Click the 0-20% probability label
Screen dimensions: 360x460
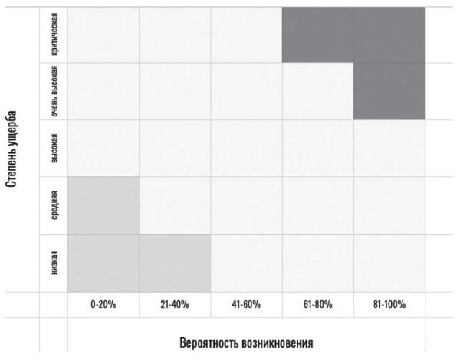tap(103, 304)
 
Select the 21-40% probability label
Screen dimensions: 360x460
tap(174, 304)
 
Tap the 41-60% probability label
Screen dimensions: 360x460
tap(246, 304)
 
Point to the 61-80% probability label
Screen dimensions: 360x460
tap(317, 304)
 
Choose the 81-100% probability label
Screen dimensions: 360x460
tap(389, 304)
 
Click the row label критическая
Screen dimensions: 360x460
tap(54, 34)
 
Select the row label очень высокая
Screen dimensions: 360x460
tap(54, 91)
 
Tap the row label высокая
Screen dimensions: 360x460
tap(54, 149)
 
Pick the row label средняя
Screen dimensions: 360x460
tap(54, 206)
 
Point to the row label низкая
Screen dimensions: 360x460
tap(54, 263)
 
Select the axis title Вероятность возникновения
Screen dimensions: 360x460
tap(246, 341)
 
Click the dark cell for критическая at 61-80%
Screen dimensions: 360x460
tap(317, 34)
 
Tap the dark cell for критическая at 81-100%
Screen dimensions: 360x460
tap(389, 34)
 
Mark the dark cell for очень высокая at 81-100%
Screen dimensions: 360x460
tap(389, 91)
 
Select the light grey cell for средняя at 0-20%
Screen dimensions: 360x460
tap(103, 206)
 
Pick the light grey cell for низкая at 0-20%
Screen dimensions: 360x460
tap(103, 263)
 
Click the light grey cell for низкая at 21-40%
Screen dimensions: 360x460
tap(174, 263)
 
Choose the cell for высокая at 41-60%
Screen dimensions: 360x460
tap(246, 149)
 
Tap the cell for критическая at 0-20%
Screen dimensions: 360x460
tap(103, 34)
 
